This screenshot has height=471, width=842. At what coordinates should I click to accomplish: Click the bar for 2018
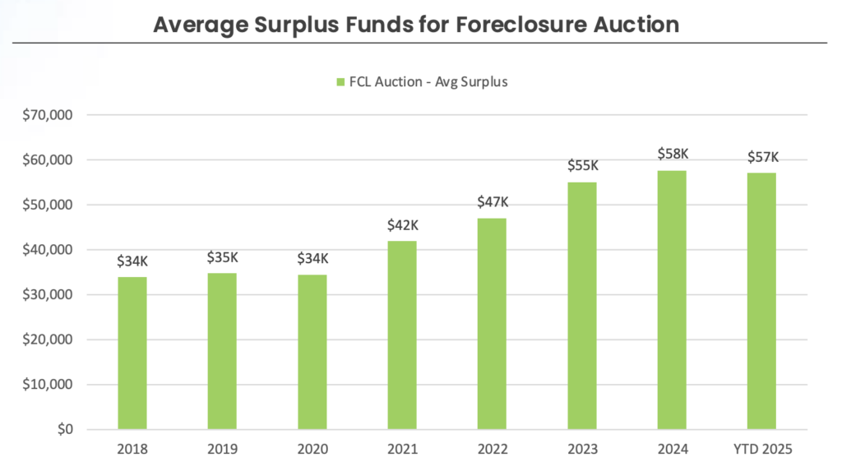click(x=132, y=353)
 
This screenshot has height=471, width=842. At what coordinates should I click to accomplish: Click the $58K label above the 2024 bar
click(x=673, y=154)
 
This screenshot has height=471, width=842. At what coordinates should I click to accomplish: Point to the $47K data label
click(x=493, y=201)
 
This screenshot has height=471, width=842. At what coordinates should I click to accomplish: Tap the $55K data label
click(x=583, y=165)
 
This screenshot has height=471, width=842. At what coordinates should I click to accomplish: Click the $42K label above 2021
click(x=403, y=224)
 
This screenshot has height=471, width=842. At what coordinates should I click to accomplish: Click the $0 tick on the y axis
click(x=64, y=430)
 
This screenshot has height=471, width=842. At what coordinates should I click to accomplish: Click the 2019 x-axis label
click(x=222, y=449)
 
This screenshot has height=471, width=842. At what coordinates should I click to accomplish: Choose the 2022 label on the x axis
click(x=493, y=449)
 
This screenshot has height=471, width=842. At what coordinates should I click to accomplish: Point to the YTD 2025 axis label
click(x=761, y=449)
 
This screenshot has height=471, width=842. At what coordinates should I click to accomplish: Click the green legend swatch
click(x=340, y=82)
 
